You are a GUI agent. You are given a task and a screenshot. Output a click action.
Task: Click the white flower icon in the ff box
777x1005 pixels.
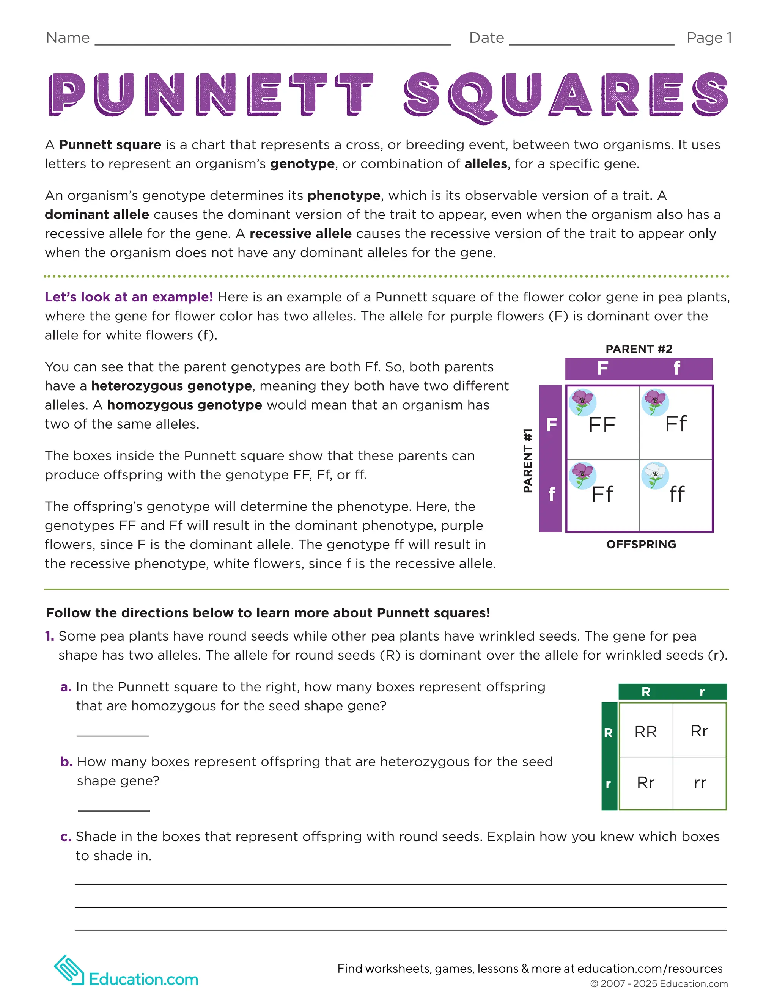(x=654, y=475)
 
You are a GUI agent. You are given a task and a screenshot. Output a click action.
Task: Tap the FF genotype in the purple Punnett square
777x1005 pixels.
(x=602, y=424)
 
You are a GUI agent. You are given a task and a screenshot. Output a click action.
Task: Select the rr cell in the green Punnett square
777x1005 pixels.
(x=700, y=783)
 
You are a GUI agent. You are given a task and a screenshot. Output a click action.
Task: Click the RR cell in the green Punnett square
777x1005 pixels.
(x=645, y=732)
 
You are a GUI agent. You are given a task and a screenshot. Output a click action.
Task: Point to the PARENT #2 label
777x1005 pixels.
(x=639, y=349)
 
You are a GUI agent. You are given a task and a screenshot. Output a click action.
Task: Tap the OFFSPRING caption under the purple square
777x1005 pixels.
(x=641, y=544)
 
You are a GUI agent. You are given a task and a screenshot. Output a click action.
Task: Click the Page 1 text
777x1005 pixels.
(x=709, y=38)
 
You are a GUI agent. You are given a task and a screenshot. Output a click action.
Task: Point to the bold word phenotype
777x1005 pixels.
(x=344, y=196)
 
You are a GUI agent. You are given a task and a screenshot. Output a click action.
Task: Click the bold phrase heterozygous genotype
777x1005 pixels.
(x=171, y=386)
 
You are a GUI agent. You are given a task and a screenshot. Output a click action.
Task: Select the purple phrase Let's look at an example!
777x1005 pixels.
(x=129, y=297)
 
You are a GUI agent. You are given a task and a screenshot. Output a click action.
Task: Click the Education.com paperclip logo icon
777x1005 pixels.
(x=69, y=969)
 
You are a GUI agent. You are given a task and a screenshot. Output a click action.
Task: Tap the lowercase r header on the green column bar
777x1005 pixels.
(x=702, y=692)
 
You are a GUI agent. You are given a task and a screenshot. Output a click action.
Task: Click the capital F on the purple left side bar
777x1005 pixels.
(x=551, y=424)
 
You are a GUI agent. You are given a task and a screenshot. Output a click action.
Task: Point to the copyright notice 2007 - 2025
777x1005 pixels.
(x=659, y=984)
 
